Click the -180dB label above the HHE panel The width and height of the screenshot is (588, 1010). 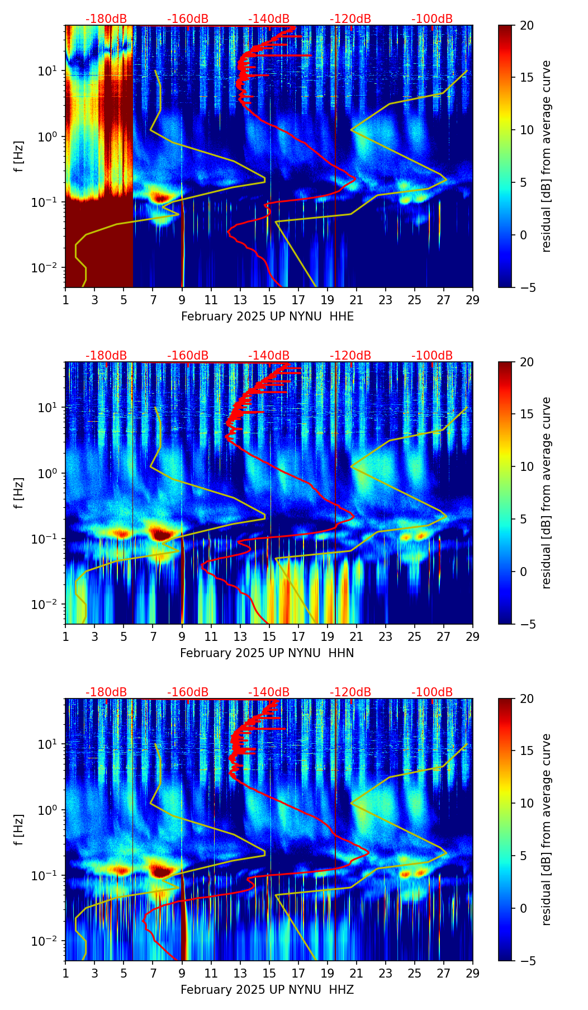click(x=106, y=19)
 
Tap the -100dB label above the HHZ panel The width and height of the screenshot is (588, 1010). click(x=432, y=692)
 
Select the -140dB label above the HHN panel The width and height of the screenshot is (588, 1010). click(x=269, y=356)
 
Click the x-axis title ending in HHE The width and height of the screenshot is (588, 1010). click(x=267, y=317)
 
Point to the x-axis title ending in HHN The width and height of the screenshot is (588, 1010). click(x=267, y=653)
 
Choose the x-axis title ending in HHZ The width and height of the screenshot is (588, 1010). click(x=267, y=990)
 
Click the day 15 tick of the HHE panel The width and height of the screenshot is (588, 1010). click(x=269, y=300)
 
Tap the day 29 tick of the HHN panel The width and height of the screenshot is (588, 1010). click(x=473, y=636)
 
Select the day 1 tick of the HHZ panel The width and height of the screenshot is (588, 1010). click(x=65, y=973)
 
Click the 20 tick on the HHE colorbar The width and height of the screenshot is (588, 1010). click(x=527, y=26)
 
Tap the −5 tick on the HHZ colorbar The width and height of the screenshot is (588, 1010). click(x=527, y=961)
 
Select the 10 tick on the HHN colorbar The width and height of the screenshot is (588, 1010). click(x=527, y=466)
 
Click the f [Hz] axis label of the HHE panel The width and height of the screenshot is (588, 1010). click(x=19, y=156)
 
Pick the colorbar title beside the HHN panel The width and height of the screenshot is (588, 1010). click(x=547, y=493)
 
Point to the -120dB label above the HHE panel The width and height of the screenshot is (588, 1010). click(x=350, y=19)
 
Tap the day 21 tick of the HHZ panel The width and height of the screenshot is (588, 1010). click(x=357, y=973)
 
